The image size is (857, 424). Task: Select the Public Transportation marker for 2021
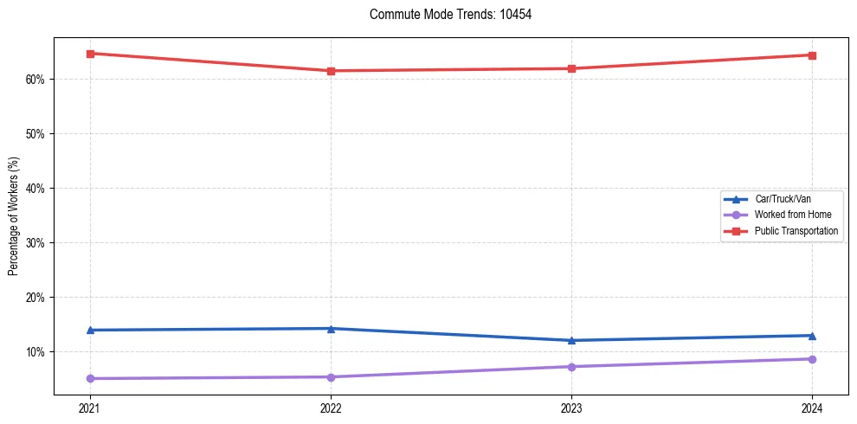(x=90, y=54)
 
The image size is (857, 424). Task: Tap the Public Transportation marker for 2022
(x=331, y=71)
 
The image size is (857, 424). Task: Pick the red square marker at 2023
(x=571, y=68)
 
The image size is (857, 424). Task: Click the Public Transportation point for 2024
(x=812, y=55)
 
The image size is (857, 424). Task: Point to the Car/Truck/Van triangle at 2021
(x=90, y=330)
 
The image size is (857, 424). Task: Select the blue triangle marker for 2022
(x=331, y=328)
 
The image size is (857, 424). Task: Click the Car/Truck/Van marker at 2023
(x=571, y=340)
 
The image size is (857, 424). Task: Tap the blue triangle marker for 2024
(x=812, y=335)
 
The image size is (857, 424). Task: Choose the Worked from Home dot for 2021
(x=90, y=378)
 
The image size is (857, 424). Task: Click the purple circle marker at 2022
(x=331, y=376)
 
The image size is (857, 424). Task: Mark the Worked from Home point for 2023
(x=571, y=367)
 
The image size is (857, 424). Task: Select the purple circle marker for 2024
(x=812, y=359)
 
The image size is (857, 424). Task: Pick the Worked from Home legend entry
(x=788, y=215)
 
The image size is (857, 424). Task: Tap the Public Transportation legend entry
(x=796, y=231)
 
